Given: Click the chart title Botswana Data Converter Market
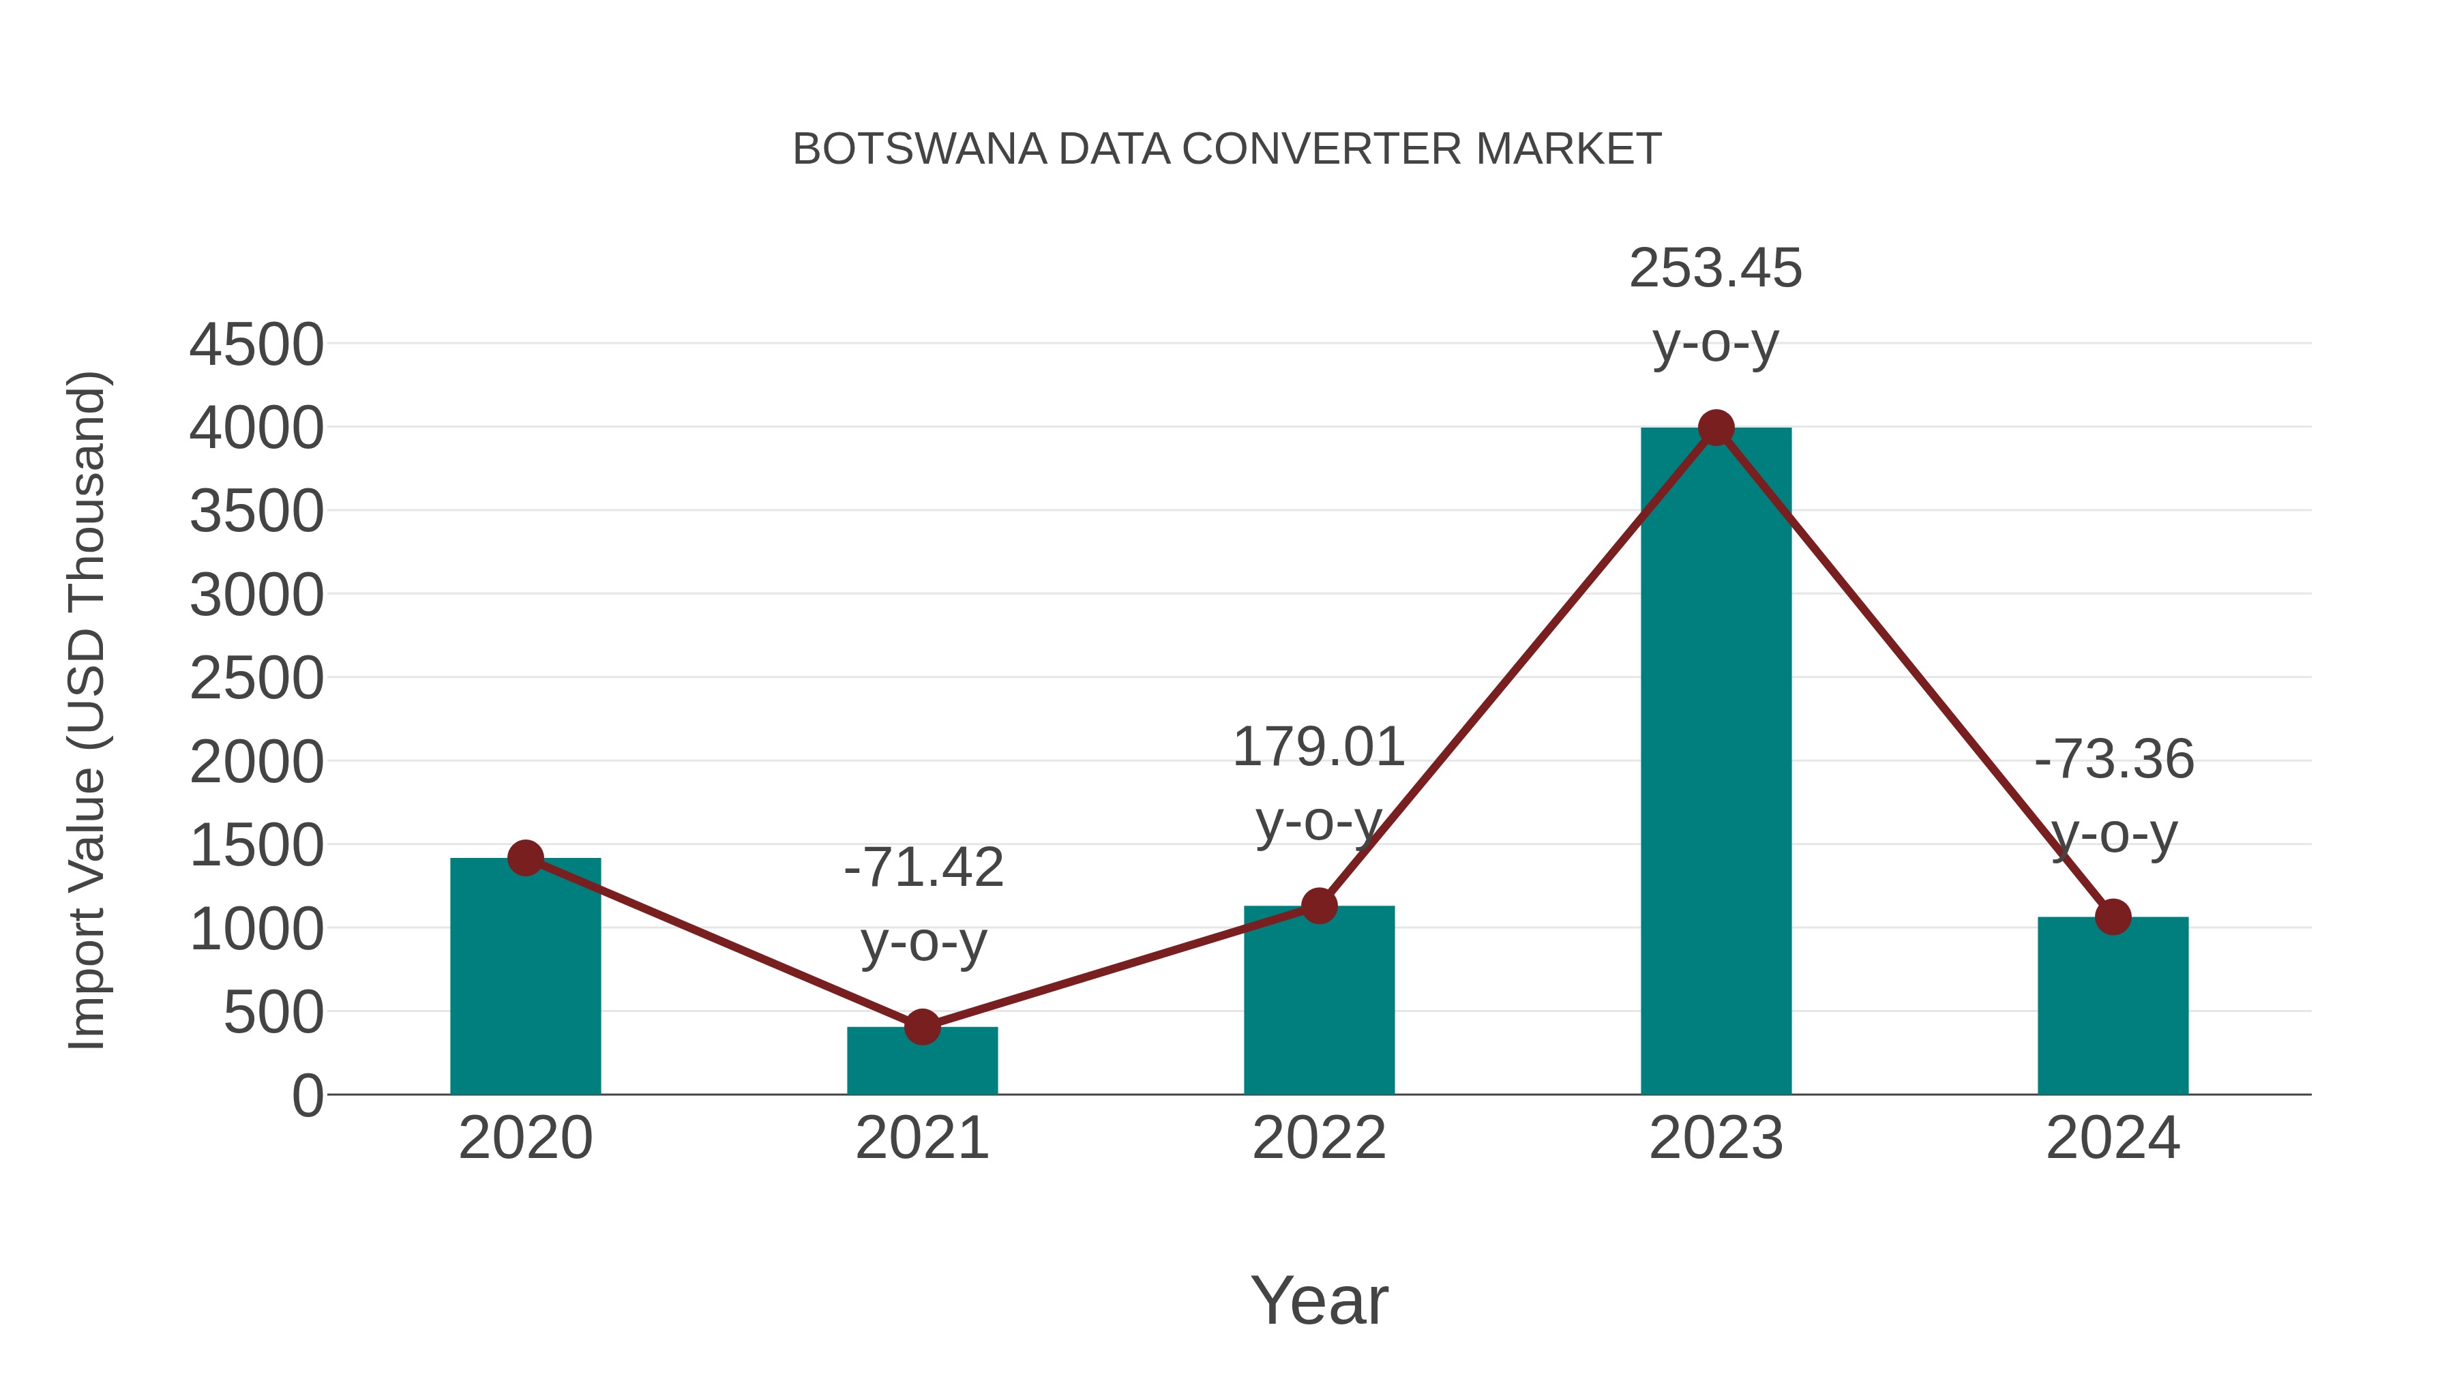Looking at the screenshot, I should pyautogui.click(x=1227, y=149).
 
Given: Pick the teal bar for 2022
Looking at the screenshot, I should pyautogui.click(x=1319, y=1000).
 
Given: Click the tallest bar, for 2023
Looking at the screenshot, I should pyautogui.click(x=1716, y=762).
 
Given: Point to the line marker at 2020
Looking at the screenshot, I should pyautogui.click(x=525, y=858).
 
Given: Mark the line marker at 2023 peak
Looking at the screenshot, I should pyautogui.click(x=1716, y=428).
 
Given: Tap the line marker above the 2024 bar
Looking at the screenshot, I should pyautogui.click(x=2113, y=917).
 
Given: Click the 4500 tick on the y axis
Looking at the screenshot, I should pyautogui.click(x=256, y=345).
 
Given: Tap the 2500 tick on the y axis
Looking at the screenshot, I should pyautogui.click(x=256, y=679).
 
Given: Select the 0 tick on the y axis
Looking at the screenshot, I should pyautogui.click(x=307, y=1096).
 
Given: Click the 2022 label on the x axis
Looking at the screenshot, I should pyautogui.click(x=1319, y=1138).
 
